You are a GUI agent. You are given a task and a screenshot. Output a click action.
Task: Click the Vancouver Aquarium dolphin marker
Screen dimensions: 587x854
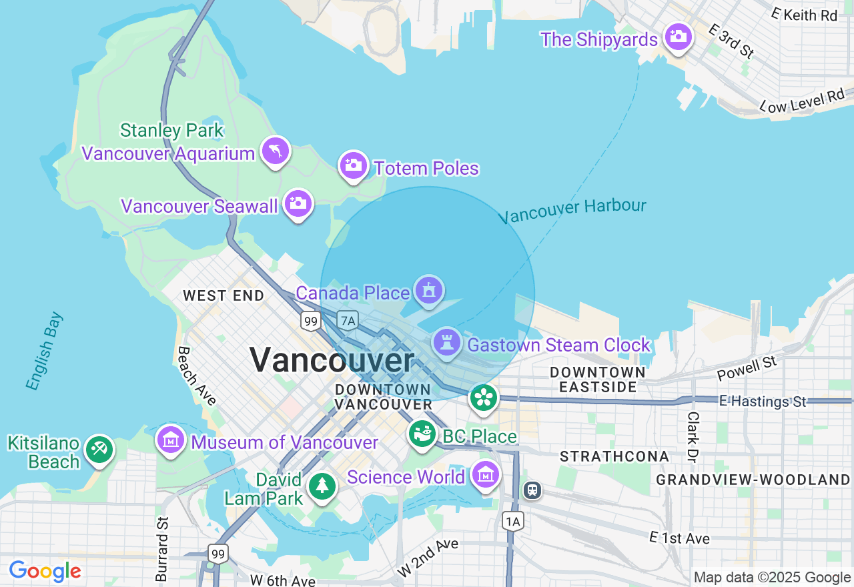[275, 151]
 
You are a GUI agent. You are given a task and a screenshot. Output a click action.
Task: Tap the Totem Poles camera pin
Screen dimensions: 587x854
[354, 165]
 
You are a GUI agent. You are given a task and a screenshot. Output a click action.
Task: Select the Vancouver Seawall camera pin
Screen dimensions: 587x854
[298, 203]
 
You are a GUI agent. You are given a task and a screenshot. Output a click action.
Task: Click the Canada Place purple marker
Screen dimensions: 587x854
[428, 290]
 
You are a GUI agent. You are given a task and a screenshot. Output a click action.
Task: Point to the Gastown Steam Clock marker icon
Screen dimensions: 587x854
[447, 343]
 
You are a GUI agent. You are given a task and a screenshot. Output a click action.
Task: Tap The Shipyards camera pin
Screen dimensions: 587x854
[678, 37]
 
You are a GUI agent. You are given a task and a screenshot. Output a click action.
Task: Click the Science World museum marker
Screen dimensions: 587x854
[485, 475]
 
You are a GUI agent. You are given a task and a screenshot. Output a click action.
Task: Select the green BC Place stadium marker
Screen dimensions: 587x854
[422, 435]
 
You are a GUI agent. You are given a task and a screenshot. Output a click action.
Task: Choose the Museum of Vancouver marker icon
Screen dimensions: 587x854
[171, 440]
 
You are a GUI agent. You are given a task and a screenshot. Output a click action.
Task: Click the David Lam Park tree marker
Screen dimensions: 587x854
[323, 486]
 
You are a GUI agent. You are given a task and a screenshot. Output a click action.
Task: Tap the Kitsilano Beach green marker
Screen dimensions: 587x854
[99, 450]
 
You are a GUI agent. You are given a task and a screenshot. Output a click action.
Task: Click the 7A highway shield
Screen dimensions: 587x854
[348, 320]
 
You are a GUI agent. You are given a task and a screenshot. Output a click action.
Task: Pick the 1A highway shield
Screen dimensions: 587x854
[512, 522]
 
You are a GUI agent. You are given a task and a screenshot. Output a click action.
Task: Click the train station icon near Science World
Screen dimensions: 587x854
[532, 490]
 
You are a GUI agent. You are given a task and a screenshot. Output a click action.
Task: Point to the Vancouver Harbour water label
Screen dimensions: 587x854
[572, 211]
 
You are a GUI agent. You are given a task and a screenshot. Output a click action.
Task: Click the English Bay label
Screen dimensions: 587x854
[44, 351]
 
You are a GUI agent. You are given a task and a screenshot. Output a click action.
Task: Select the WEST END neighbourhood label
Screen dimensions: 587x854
[224, 296]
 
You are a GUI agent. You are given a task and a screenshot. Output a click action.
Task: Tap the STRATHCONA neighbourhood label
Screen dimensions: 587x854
[614, 456]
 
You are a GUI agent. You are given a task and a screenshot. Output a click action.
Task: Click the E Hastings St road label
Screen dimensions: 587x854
[763, 402]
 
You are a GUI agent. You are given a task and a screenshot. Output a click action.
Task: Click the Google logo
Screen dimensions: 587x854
[45, 571]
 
